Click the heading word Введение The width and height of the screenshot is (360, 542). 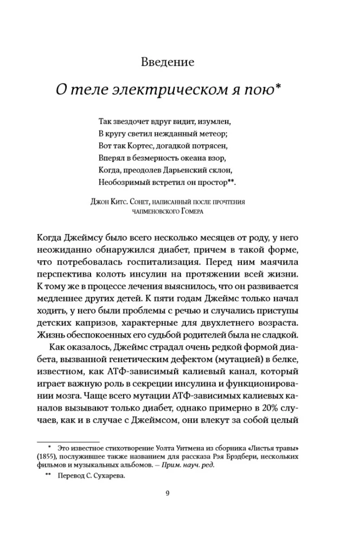[x=167, y=61]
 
